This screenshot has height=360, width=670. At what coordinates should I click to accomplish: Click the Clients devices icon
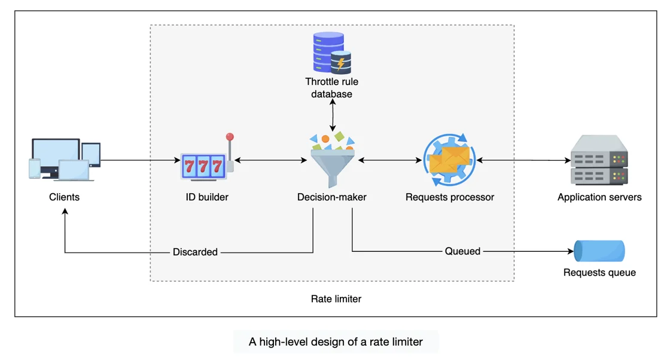65,160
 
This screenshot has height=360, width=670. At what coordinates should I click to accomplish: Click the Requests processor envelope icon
449,160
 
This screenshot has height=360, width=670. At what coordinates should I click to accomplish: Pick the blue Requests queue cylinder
599,251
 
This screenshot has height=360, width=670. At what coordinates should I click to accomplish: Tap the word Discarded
195,252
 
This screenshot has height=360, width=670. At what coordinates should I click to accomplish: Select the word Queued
462,251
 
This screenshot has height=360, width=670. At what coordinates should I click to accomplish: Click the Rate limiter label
336,298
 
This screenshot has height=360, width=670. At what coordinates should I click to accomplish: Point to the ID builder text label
207,197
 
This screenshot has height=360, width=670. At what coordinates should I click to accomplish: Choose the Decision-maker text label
332,197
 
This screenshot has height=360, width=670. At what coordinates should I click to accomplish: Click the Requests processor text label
450,197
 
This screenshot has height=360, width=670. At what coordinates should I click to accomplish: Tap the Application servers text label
599,197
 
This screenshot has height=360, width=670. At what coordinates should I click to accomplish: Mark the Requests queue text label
599,273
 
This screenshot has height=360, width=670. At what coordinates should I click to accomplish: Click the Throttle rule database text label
332,88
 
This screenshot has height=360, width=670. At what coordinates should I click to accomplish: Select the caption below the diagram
336,342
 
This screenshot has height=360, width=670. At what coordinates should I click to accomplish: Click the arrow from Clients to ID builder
141,160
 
